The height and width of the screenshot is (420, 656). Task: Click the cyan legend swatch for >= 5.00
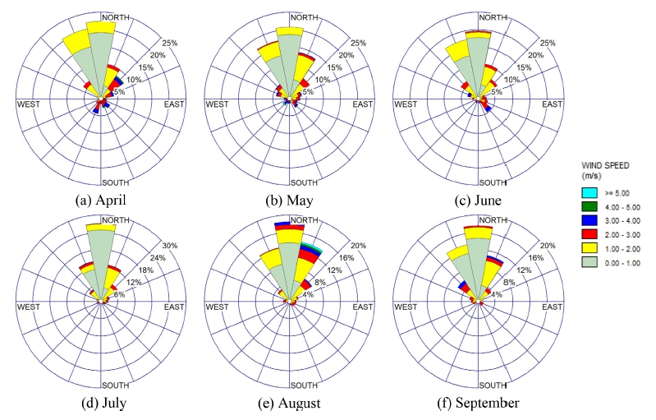pyautogui.click(x=588, y=191)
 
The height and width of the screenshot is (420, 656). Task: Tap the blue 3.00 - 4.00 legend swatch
pyautogui.click(x=588, y=219)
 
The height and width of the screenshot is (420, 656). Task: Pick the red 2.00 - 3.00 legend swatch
pyautogui.click(x=588, y=233)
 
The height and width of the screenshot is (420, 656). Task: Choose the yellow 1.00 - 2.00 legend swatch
pyautogui.click(x=588, y=248)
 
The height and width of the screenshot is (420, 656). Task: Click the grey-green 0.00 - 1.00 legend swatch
pyautogui.click(x=588, y=262)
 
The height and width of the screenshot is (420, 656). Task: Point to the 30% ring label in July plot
pyautogui.click(x=169, y=246)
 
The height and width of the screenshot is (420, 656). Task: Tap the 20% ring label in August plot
pyautogui.click(x=358, y=246)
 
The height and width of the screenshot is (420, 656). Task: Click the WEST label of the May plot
pyautogui.click(x=217, y=104)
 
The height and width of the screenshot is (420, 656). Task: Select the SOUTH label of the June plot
pyautogui.click(x=493, y=182)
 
